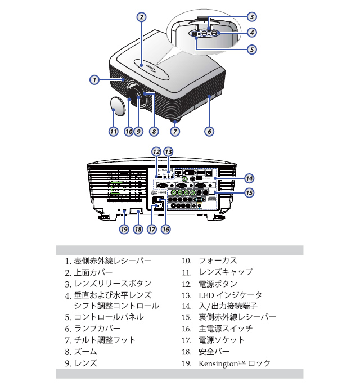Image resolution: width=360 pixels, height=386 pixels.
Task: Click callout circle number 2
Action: (142, 17)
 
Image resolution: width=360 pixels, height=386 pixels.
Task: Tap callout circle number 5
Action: (251, 49)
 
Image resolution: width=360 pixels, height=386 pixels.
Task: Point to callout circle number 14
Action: (249, 178)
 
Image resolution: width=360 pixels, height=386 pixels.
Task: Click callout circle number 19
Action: (123, 230)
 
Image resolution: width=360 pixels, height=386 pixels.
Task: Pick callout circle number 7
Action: (175, 132)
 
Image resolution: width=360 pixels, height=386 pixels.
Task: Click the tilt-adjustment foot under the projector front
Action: (175, 119)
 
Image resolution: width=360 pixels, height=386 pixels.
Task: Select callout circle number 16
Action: (165, 230)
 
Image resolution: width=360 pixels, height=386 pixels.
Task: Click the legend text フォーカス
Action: (218, 261)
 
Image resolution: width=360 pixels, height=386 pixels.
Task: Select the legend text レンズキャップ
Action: (226, 272)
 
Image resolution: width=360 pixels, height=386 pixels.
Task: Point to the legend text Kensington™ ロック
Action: (235, 363)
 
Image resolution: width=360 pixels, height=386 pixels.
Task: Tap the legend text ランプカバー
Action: (97, 329)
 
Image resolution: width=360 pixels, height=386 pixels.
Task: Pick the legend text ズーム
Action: (85, 352)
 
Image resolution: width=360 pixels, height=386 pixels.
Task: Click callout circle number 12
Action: (156, 152)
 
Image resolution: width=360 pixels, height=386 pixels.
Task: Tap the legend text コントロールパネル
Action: (109, 317)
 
